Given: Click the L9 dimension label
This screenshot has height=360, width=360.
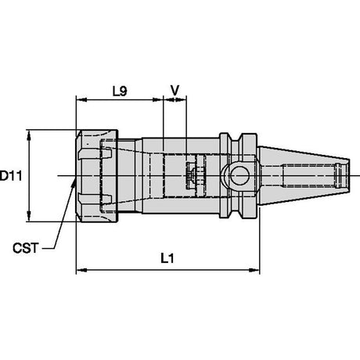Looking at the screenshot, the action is click(120, 91).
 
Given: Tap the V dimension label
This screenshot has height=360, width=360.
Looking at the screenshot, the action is click(175, 91).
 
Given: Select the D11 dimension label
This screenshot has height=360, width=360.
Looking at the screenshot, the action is click(11, 176).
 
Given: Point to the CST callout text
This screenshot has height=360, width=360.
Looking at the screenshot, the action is click(26, 248).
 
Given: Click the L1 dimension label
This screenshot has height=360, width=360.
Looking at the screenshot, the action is click(167, 259).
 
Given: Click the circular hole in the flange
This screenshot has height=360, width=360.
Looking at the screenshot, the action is click(239, 175).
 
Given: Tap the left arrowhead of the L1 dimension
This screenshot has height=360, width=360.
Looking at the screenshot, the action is click(81, 270).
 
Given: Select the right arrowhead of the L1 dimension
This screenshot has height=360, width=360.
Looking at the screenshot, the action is click(254, 270).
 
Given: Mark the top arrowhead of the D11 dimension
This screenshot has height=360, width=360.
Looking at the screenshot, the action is click(29, 135).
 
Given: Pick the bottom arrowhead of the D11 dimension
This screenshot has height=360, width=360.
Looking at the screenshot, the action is click(29, 216).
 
